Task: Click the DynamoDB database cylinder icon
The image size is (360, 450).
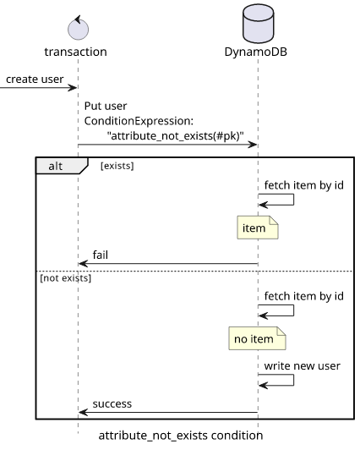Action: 258,24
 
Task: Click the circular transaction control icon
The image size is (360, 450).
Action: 78,28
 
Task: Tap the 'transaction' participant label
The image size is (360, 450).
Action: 76,52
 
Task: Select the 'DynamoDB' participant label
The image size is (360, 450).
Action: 256,52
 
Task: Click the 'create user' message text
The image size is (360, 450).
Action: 35,80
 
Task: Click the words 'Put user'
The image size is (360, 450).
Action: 106,107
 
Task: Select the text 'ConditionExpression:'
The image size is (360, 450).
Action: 139,121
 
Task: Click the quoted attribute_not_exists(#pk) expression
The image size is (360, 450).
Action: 176,135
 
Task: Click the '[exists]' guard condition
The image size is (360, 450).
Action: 117,166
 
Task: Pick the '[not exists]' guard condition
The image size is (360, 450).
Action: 65,278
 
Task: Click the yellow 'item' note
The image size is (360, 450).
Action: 258,228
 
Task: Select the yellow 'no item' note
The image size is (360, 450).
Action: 257,338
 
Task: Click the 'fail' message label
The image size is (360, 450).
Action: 101,255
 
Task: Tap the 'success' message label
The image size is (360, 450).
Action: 112,403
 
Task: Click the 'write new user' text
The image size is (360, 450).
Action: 302,366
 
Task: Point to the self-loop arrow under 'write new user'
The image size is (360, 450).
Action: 293,380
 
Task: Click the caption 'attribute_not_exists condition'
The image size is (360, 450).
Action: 181,436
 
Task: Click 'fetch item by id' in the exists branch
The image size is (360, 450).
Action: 304,185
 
